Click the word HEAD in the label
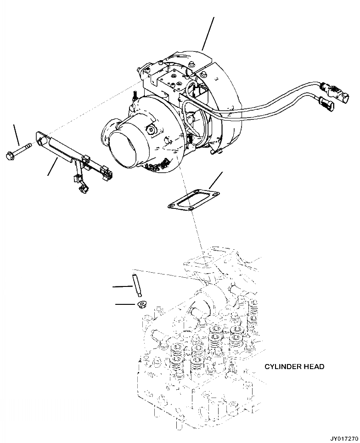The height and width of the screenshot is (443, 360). pos(315,367)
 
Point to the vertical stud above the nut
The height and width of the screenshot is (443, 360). pos(137,285)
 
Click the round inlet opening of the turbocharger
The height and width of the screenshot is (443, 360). pos(124,147)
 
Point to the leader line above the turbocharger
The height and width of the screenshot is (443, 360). pos(208,33)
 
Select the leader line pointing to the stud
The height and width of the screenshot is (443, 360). pos(123,287)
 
